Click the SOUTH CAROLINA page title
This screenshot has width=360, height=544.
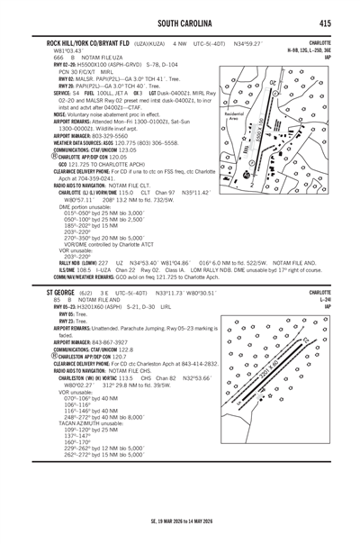coord(180,22)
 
